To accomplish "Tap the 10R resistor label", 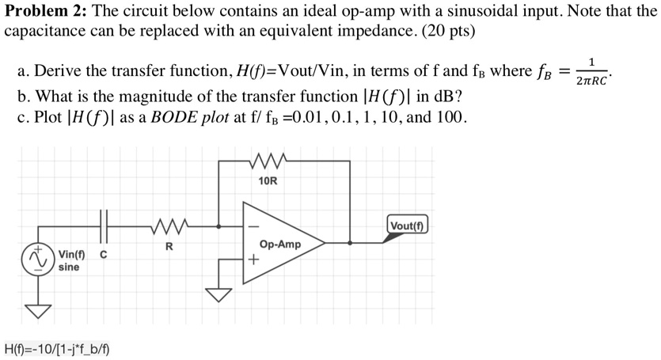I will pyautogui.click(x=268, y=181).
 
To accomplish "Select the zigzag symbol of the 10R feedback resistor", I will pyautogui.click(x=268, y=164).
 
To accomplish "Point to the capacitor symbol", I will pyautogui.click(x=104, y=227).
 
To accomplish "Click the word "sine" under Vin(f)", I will pyautogui.click(x=69, y=267).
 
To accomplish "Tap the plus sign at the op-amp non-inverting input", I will pyautogui.click(x=253, y=260).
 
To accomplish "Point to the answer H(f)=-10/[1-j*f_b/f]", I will pyautogui.click(x=57, y=348).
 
